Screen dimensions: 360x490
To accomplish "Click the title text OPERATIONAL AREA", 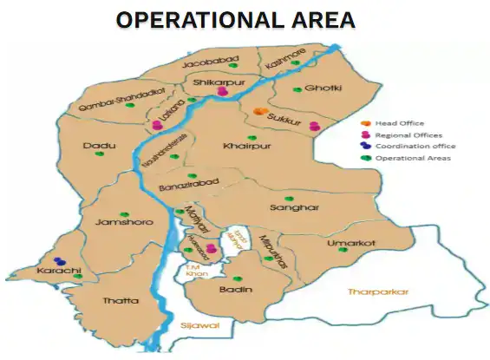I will pyautogui.click(x=235, y=19).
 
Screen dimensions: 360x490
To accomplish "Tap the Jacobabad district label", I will pyautogui.click(x=206, y=63).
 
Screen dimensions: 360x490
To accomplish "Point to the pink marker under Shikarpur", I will pyautogui.click(x=223, y=90).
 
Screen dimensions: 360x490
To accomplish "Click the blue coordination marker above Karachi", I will pyautogui.click(x=59, y=260).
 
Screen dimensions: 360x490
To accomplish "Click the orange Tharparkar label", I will pyautogui.click(x=378, y=291).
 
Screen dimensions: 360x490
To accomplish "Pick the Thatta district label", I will pyautogui.click(x=121, y=301).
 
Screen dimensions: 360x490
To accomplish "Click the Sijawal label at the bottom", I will pyautogui.click(x=200, y=324).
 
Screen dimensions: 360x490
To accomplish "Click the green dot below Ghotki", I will pyautogui.click(x=297, y=89).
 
